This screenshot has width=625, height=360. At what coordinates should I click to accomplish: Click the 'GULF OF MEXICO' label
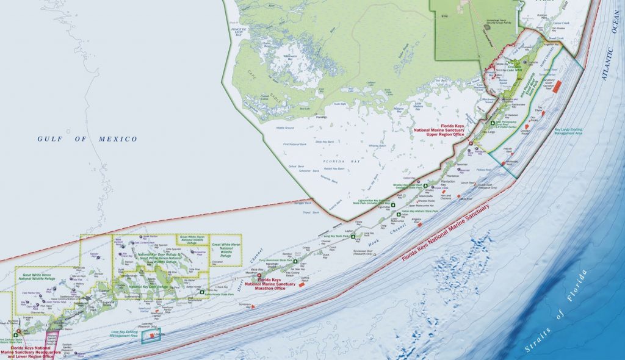[87, 139]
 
